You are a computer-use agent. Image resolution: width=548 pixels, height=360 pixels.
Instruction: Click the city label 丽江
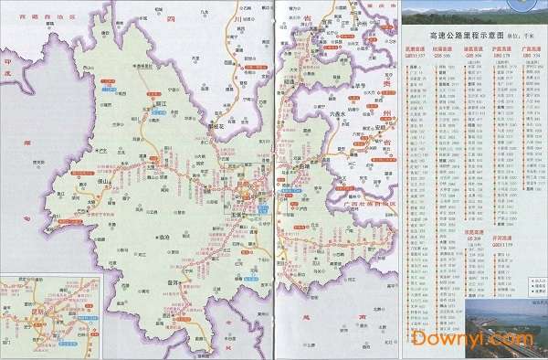(x=162, y=105)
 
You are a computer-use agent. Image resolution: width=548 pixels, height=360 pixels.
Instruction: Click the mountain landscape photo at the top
(x=466, y=14)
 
